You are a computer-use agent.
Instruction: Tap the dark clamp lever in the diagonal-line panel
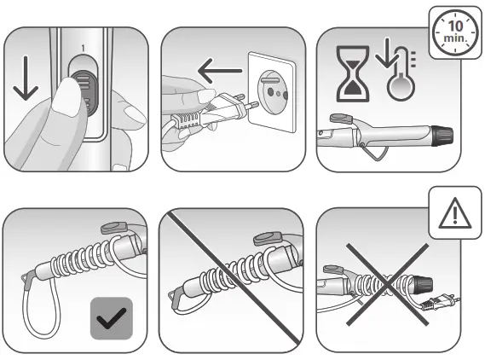click(x=271, y=238)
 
